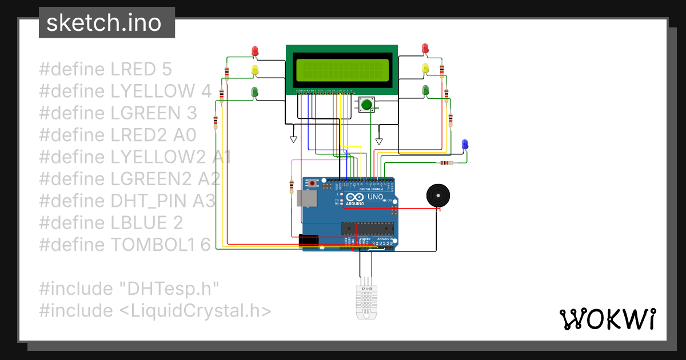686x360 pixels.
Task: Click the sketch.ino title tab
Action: [x=107, y=23]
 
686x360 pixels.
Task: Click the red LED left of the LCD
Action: [x=255, y=51]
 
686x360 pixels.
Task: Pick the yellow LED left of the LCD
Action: [x=255, y=70]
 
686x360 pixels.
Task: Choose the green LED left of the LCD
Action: [x=255, y=91]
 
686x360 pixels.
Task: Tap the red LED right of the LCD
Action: [x=425, y=49]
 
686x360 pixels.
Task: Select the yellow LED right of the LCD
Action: [x=425, y=69]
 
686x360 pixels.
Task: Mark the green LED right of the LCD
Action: [x=425, y=90]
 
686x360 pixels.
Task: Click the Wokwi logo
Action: [x=607, y=319]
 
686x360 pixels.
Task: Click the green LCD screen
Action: [x=342, y=69]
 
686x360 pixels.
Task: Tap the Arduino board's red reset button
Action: [x=312, y=183]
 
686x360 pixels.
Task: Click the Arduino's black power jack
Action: [x=309, y=241]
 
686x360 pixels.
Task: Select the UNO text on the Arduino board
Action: [x=375, y=197]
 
